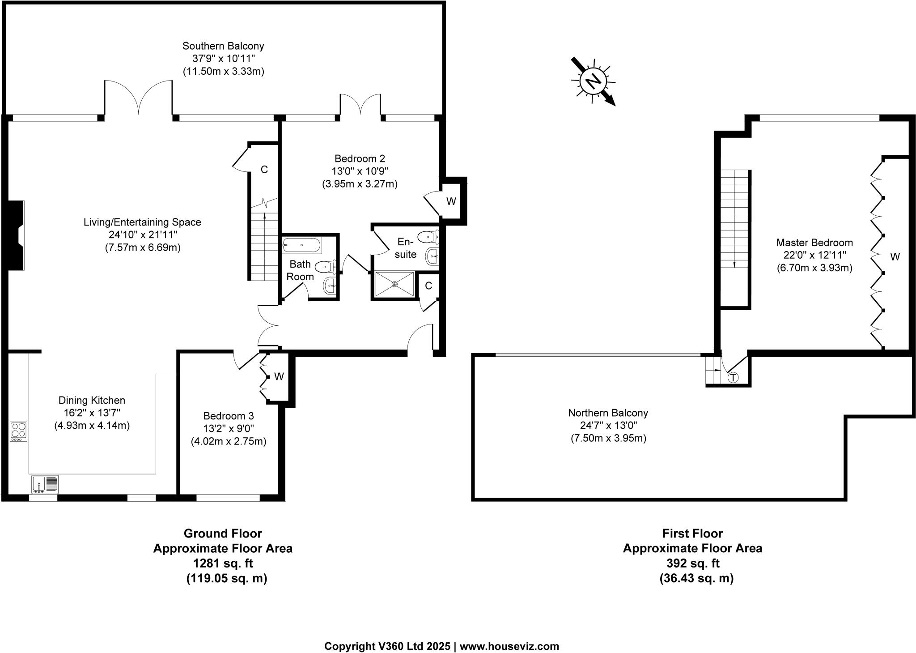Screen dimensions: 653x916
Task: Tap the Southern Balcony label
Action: tap(223, 46)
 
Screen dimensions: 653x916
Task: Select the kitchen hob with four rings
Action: tap(19, 432)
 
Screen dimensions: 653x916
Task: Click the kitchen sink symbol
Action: tap(45, 484)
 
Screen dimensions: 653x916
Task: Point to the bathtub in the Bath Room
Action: tap(301, 245)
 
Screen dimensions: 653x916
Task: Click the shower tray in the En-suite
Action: tap(394, 283)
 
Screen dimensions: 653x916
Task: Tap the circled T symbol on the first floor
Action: tap(733, 378)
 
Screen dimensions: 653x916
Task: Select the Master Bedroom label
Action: tap(814, 243)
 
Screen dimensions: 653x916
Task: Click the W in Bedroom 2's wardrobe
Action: tap(451, 201)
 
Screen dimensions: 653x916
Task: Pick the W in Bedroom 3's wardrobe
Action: tap(279, 377)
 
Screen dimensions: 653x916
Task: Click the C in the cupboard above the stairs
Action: tap(264, 170)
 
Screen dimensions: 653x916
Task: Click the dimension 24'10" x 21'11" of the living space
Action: tap(143, 235)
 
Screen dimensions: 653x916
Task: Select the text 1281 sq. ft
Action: tap(223, 563)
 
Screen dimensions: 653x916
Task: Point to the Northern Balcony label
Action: tap(608, 413)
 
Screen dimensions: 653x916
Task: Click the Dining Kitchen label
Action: tap(92, 400)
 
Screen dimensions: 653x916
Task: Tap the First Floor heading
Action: tap(692, 533)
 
